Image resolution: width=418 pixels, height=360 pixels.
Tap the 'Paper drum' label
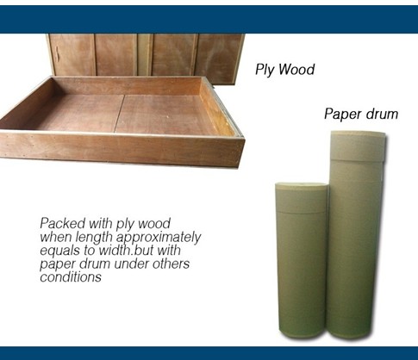360,114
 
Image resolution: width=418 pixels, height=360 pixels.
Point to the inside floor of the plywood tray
121,112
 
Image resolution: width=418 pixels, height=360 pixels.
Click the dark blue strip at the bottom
209,353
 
